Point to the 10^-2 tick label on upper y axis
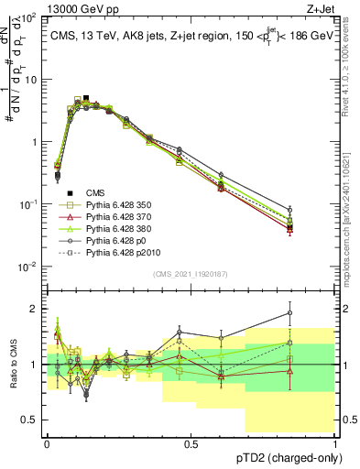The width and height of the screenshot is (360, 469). (x=29, y=267)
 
